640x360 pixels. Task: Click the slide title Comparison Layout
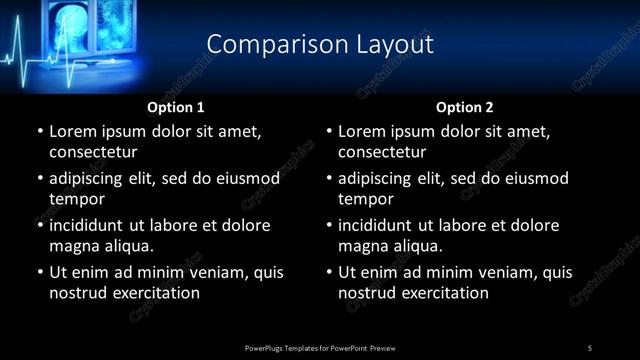pyautogui.click(x=319, y=45)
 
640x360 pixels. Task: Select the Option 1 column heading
pyautogui.click(x=175, y=107)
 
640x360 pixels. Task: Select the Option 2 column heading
pyautogui.click(x=464, y=107)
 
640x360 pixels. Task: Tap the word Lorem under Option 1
pyautogui.click(x=72, y=131)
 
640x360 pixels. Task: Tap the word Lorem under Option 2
pyautogui.click(x=361, y=131)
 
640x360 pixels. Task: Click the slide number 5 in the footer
pyautogui.click(x=590, y=348)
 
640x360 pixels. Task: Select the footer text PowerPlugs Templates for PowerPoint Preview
pyautogui.click(x=319, y=348)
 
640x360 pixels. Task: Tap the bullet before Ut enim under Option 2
pyautogui.click(x=328, y=272)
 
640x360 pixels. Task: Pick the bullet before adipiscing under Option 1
pyautogui.click(x=39, y=178)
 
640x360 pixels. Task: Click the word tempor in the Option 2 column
pyautogui.click(x=363, y=199)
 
